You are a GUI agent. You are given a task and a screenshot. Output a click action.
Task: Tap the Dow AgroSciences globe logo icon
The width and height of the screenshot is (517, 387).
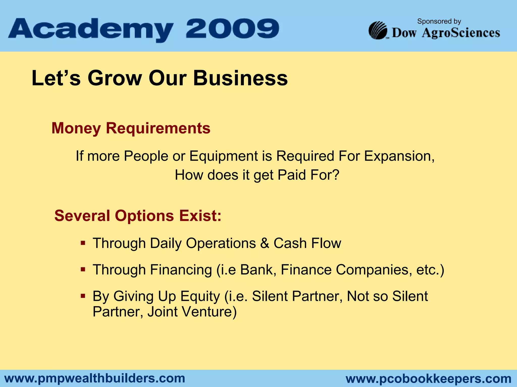[x=378, y=30]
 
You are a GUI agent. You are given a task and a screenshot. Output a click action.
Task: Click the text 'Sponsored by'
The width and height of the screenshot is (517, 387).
[x=439, y=21]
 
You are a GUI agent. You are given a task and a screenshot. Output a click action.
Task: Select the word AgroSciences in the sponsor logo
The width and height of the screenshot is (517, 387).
[x=461, y=33]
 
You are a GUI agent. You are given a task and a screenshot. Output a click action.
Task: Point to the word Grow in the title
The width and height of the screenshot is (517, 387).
[x=115, y=78]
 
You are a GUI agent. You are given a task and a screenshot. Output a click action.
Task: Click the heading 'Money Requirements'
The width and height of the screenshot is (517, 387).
[x=131, y=128]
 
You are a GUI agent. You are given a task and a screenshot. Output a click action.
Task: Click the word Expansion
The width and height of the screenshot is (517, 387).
[x=399, y=156]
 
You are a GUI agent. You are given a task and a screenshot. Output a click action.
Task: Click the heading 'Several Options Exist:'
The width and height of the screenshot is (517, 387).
[x=138, y=216]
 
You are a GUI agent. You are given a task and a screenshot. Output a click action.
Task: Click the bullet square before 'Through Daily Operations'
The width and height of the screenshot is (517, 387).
[x=83, y=243]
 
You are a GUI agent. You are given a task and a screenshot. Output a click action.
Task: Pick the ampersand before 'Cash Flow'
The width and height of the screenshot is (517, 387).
[x=265, y=243]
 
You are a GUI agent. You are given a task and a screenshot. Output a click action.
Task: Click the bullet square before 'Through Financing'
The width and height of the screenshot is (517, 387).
[x=83, y=270]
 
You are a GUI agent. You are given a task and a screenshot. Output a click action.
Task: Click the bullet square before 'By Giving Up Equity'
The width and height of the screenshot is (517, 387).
[x=83, y=296]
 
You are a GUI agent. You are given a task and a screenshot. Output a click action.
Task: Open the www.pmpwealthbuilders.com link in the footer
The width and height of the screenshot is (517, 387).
[x=95, y=378]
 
